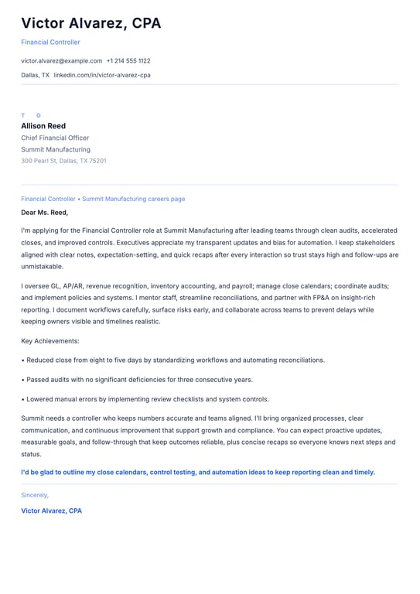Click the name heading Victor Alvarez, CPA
(x=91, y=23)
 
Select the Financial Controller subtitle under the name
(x=50, y=43)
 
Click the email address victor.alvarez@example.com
(x=62, y=60)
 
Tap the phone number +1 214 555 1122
(x=128, y=60)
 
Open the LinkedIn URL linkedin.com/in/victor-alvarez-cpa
(x=102, y=75)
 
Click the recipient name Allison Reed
(x=43, y=126)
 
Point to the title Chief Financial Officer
(x=55, y=138)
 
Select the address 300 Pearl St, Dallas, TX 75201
(x=63, y=161)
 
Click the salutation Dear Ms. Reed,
(x=45, y=212)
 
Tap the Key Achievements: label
(x=50, y=341)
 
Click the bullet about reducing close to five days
(x=173, y=360)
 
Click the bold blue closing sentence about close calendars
(x=198, y=472)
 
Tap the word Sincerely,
(x=35, y=495)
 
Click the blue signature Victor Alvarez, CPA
(x=51, y=510)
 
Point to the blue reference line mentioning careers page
(x=103, y=199)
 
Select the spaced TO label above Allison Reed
(x=31, y=115)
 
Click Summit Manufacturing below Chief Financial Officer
(x=56, y=149)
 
